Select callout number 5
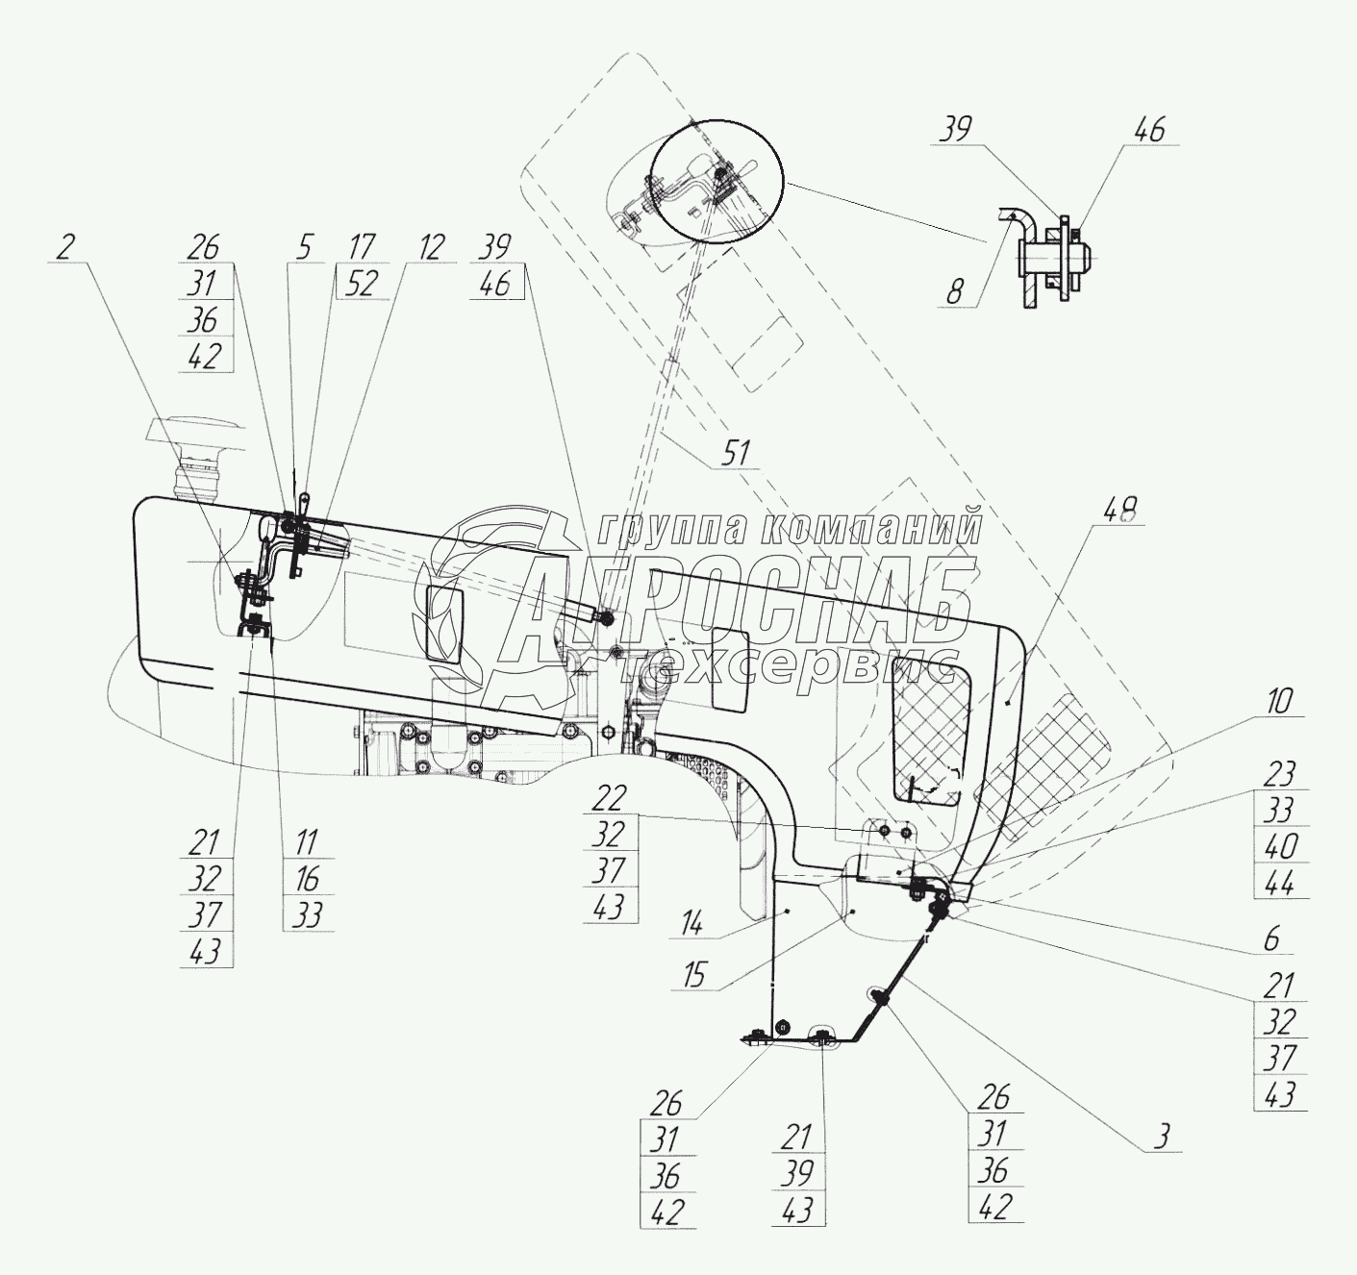pos(303,247)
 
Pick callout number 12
pos(430,247)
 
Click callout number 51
pos(739,451)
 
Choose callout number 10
pos(1280,701)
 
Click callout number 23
pos(1280,774)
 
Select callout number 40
pos(1280,846)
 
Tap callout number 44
pos(1280,882)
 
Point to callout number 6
pos(1271,938)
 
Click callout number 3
pos(1162,1137)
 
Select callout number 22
pos(609,797)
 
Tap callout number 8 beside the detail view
pos(953,291)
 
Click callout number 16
pos(307,879)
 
